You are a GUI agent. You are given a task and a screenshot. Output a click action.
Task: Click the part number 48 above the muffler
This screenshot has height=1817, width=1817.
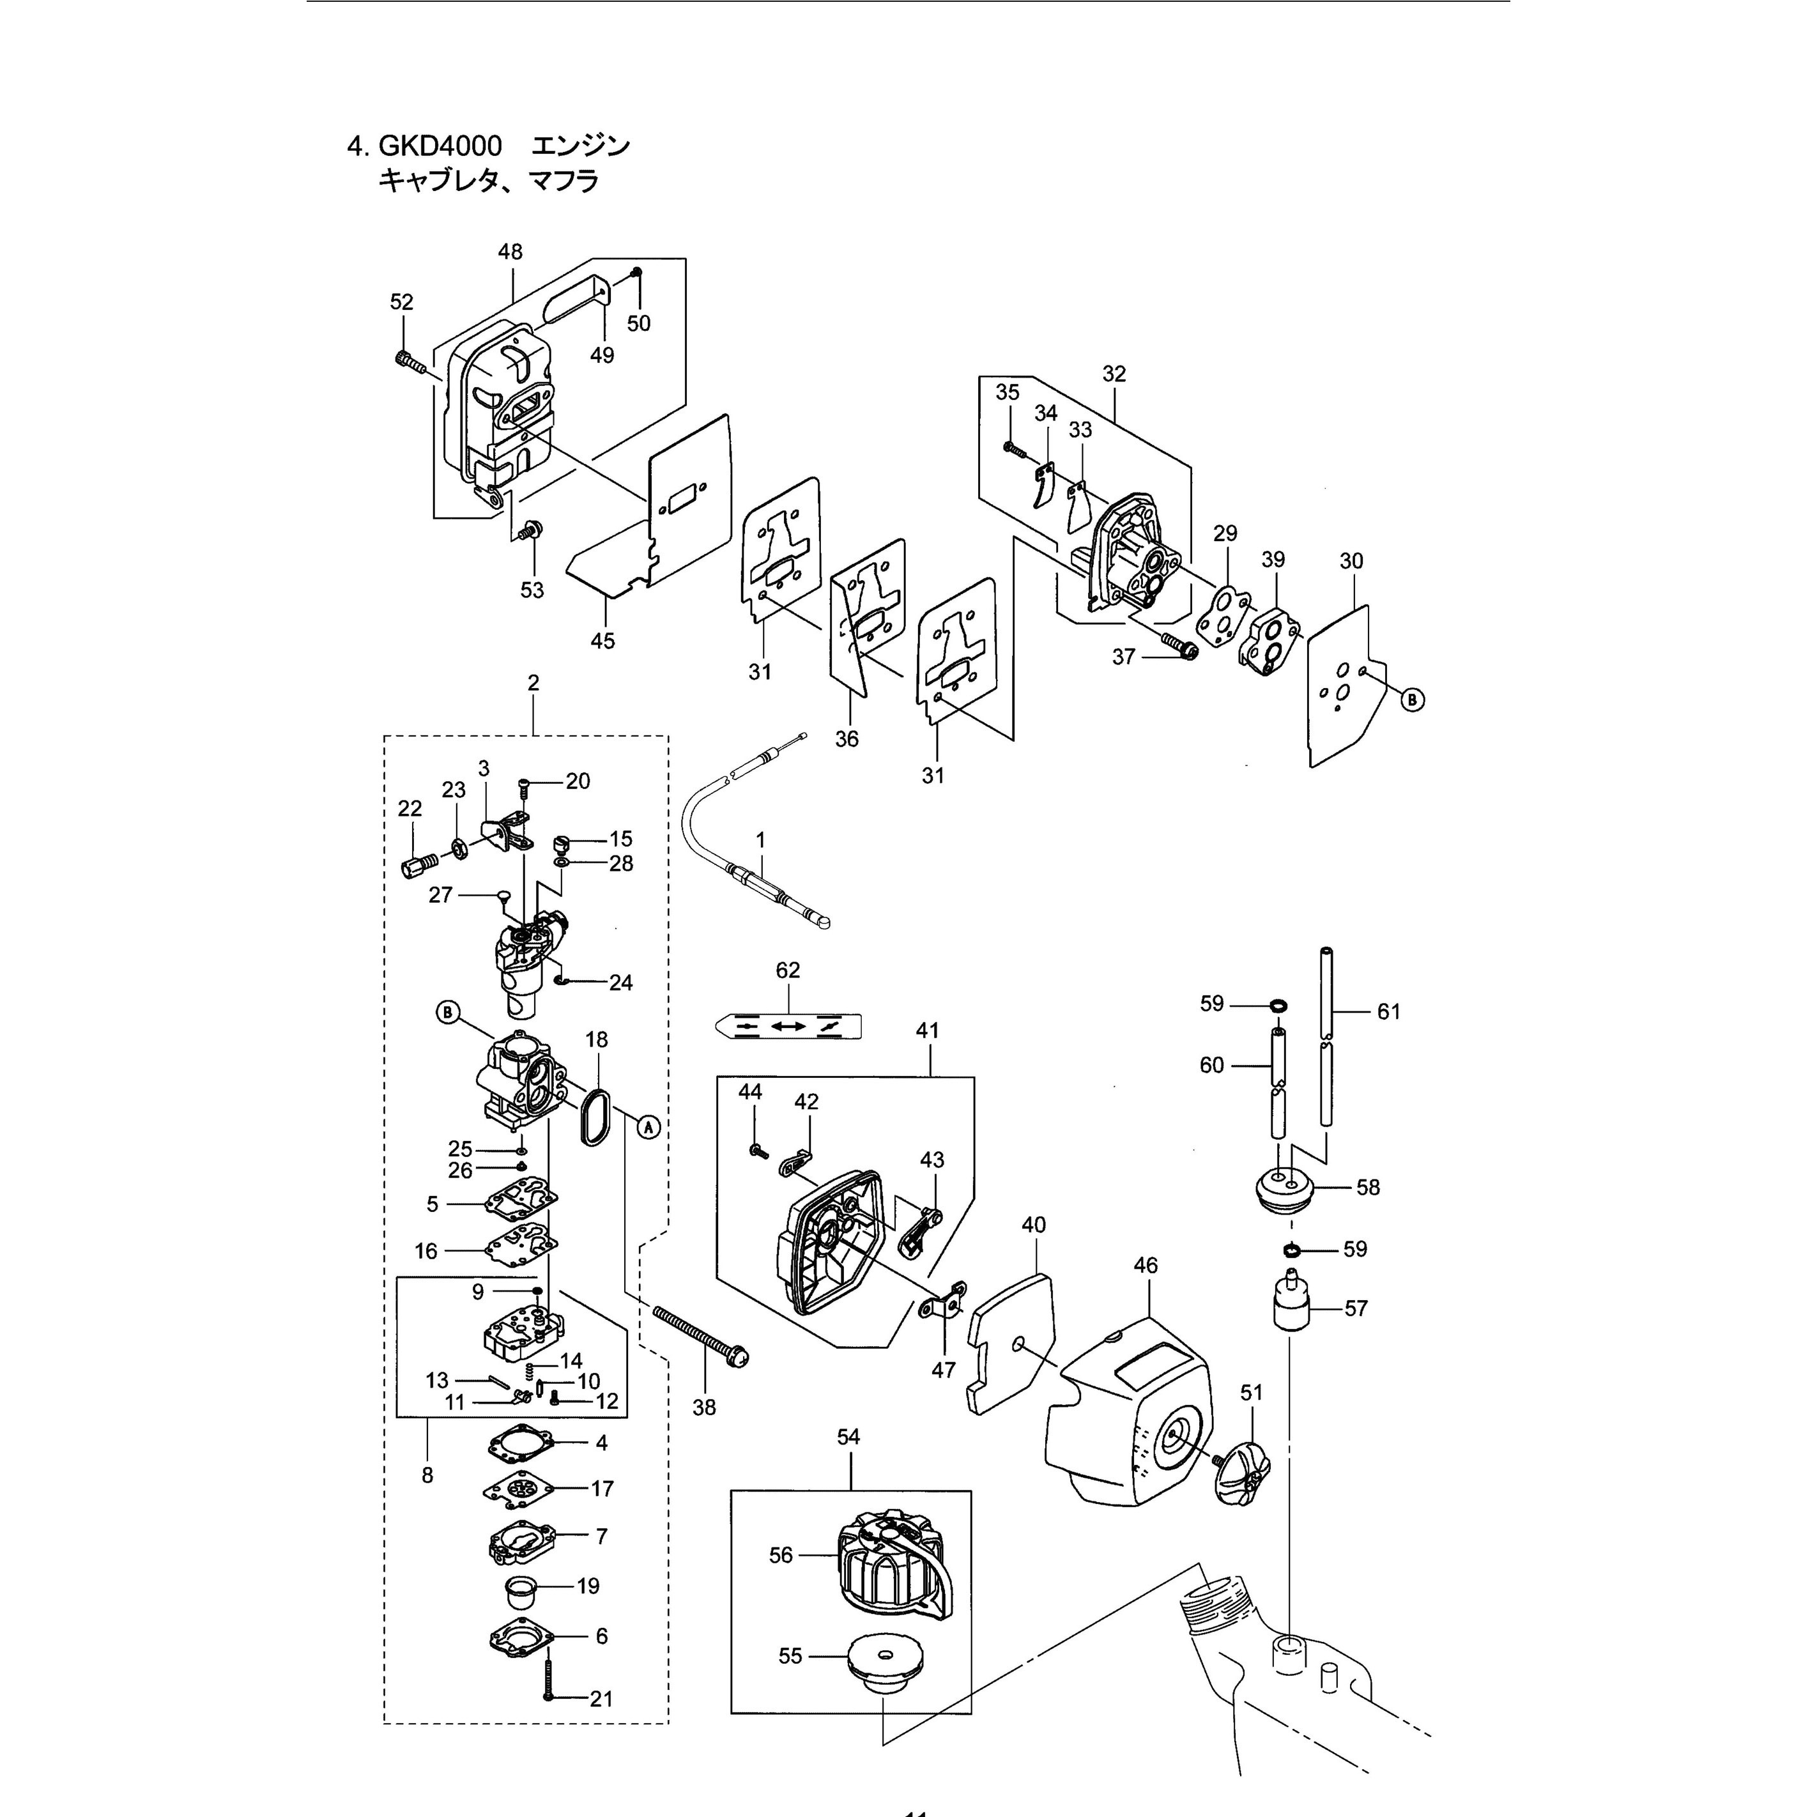(510, 252)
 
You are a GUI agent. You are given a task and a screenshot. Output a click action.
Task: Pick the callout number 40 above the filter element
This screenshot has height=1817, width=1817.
(1034, 1225)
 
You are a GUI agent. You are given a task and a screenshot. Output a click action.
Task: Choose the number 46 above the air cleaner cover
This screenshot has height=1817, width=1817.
(1146, 1266)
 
